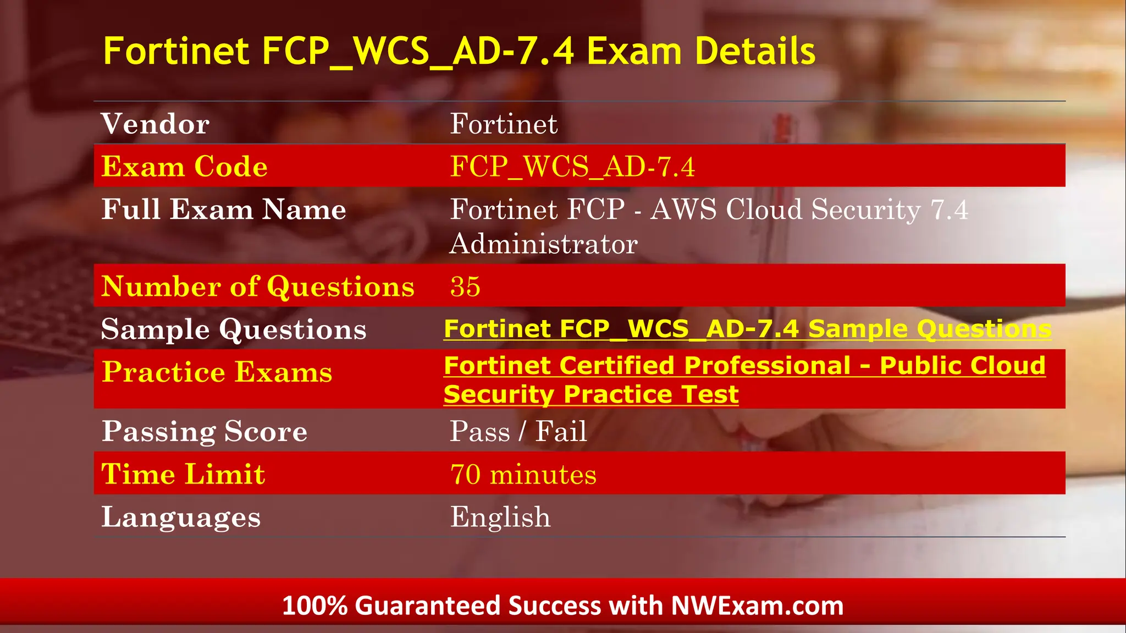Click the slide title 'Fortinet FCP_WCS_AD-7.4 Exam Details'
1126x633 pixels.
(x=459, y=51)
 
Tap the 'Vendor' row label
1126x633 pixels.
(x=156, y=124)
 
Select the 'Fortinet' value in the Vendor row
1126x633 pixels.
(x=504, y=124)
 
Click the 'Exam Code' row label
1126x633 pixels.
(x=185, y=166)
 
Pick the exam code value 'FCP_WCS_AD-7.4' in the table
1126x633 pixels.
(x=572, y=166)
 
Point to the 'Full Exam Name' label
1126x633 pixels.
(x=224, y=210)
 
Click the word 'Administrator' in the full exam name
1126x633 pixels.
(x=543, y=244)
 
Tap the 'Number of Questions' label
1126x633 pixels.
(x=258, y=287)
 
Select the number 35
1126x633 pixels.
(x=465, y=287)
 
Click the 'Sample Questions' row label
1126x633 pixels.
(x=234, y=329)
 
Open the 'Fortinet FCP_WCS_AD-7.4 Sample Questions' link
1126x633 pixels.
(x=747, y=329)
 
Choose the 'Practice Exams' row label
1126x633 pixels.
(x=217, y=372)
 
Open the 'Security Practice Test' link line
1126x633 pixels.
(x=591, y=394)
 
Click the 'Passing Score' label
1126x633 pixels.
(x=205, y=431)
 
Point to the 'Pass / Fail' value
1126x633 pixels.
(x=518, y=431)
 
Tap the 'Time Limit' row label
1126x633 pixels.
(x=183, y=474)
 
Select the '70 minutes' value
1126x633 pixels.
(x=523, y=474)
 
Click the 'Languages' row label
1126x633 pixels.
(x=181, y=517)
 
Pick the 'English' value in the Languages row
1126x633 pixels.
(x=500, y=517)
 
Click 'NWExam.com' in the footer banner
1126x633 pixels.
(x=757, y=606)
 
